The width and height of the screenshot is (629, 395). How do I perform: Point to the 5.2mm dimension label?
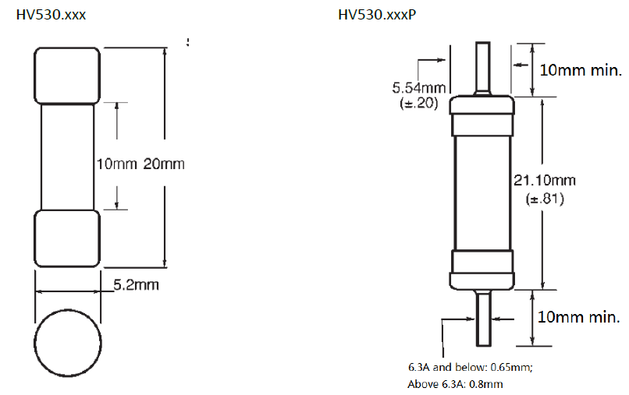coord(136,285)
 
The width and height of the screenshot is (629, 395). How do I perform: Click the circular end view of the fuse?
coord(68,343)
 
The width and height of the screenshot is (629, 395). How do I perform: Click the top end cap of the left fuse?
coord(67,76)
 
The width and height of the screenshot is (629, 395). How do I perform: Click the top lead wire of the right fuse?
coord(482,67)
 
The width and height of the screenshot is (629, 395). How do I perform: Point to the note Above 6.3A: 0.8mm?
coord(455,384)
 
